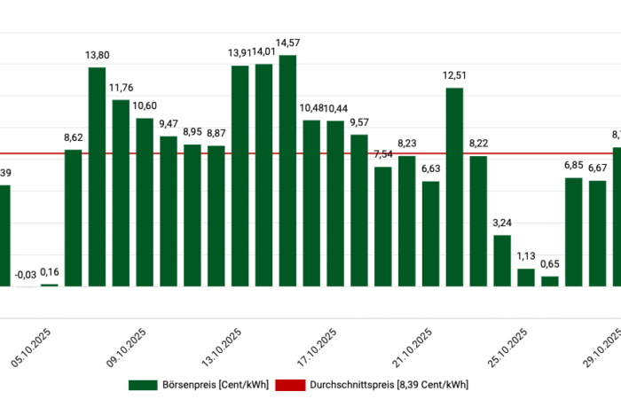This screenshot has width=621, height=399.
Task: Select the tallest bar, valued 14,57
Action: [x=287, y=170]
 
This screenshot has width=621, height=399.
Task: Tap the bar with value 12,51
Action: [x=454, y=186]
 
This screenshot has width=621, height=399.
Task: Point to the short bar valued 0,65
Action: [x=550, y=280]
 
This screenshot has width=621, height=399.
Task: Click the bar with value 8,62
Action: [x=73, y=217]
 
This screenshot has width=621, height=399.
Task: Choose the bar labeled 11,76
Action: [x=121, y=192]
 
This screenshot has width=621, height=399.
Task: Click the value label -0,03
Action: [x=26, y=275]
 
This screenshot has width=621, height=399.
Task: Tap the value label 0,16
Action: [x=50, y=272]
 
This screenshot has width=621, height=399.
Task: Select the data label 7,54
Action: [x=383, y=154]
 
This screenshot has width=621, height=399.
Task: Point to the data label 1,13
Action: [x=526, y=257]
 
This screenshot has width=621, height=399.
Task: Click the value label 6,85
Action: [x=574, y=165]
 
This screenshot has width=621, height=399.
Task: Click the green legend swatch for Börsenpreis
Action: [x=142, y=385]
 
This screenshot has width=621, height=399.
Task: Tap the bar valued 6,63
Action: [x=430, y=233]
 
